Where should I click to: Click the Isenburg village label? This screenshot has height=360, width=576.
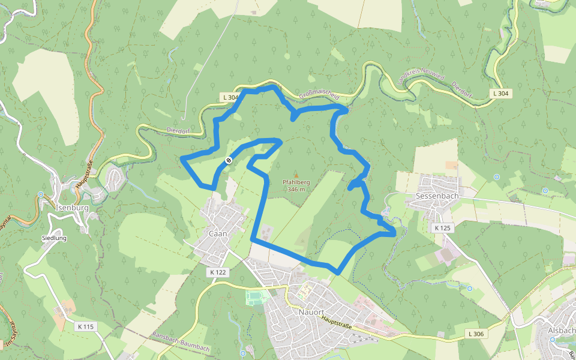[71, 208]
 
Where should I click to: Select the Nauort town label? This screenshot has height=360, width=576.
[311, 312]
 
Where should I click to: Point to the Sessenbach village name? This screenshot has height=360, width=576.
[437, 196]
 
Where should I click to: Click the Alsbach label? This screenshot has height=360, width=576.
[562, 330]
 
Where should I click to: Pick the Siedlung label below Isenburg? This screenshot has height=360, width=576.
[54, 238]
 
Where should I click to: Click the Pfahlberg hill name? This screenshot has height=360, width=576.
[296, 182]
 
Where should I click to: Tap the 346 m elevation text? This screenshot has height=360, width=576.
[296, 189]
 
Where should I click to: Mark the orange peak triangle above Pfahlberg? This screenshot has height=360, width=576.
[296, 175]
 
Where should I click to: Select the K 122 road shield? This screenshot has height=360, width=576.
[218, 272]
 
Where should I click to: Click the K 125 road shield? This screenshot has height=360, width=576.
[442, 228]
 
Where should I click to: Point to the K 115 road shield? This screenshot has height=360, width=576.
[85, 326]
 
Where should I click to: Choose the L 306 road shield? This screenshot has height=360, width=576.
[475, 334]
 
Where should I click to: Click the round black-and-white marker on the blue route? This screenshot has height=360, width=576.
[229, 160]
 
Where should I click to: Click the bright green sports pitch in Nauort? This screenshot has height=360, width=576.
[256, 296]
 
